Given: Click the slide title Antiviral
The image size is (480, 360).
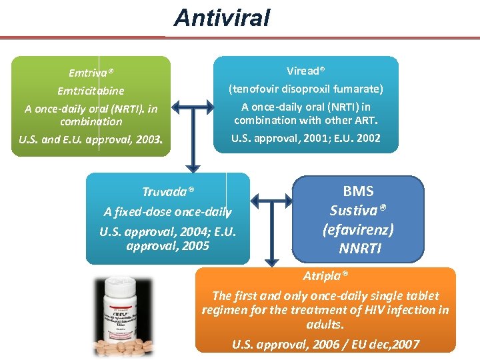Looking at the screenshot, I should tap(222, 17).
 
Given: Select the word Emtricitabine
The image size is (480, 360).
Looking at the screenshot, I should tap(91, 91).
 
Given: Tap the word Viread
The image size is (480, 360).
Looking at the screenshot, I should tap(305, 71).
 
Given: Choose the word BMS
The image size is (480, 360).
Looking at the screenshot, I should tap(358, 192).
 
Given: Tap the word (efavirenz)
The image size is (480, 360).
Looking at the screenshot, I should tap(358, 230).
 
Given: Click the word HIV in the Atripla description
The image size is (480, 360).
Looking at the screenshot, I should tap(366, 310).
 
